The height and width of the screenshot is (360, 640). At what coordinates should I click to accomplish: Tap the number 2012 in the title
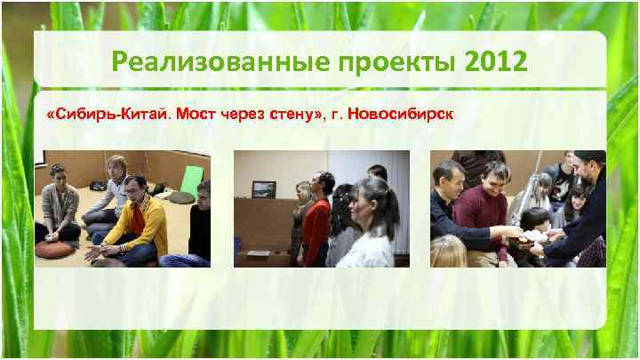click(494, 63)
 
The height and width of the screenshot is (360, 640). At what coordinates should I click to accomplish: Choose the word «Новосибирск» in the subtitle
click(404, 115)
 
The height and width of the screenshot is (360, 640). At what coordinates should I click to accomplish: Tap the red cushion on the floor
click(54, 248)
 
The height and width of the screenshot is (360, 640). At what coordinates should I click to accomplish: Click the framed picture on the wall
click(263, 188)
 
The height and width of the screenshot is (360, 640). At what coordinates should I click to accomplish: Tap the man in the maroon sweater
click(484, 213)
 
